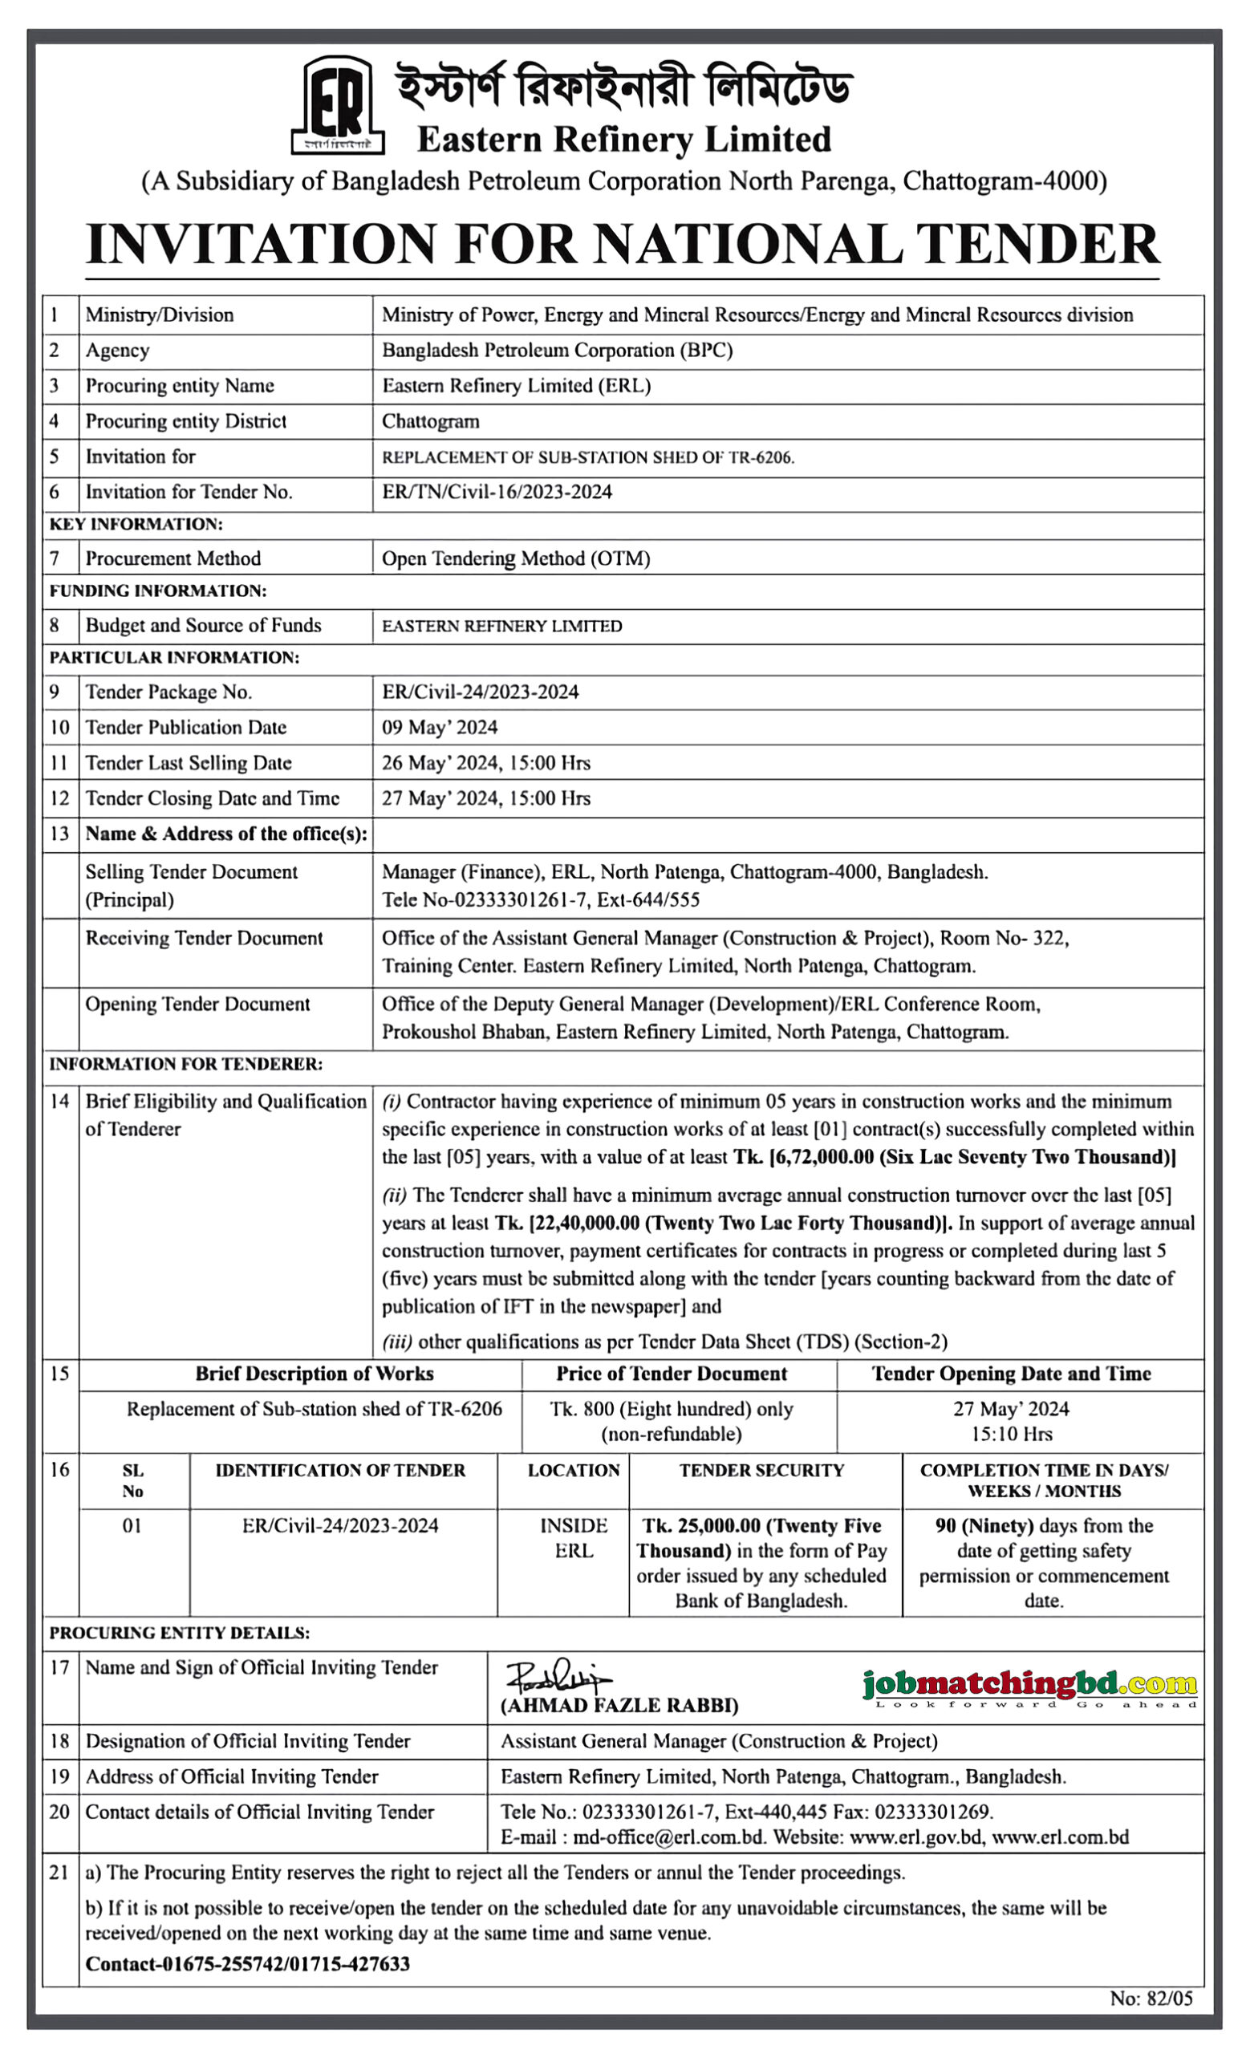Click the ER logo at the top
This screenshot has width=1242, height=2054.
pyautogui.click(x=338, y=105)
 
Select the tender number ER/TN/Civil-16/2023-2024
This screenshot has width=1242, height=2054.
pyautogui.click(x=497, y=492)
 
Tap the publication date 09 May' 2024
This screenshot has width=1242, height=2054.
pyautogui.click(x=440, y=727)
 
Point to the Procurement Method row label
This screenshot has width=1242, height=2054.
pyautogui.click(x=172, y=558)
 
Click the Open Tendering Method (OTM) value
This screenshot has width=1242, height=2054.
pyautogui.click(x=515, y=558)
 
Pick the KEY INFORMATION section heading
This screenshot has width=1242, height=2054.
pyautogui.click(x=136, y=525)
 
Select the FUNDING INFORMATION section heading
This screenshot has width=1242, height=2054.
pyautogui.click(x=157, y=591)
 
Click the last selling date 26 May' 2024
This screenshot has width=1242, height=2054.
pyautogui.click(x=440, y=763)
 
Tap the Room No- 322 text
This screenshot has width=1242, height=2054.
pyautogui.click(x=1004, y=938)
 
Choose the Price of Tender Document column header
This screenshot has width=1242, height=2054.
pyautogui.click(x=671, y=1374)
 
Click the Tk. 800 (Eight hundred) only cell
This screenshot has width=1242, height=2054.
pyautogui.click(x=671, y=1409)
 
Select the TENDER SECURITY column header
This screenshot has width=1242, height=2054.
pyautogui.click(x=761, y=1471)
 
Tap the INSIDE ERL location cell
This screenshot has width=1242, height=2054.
pyautogui.click(x=574, y=1538)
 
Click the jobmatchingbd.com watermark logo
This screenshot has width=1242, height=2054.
pyautogui.click(x=1029, y=1686)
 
